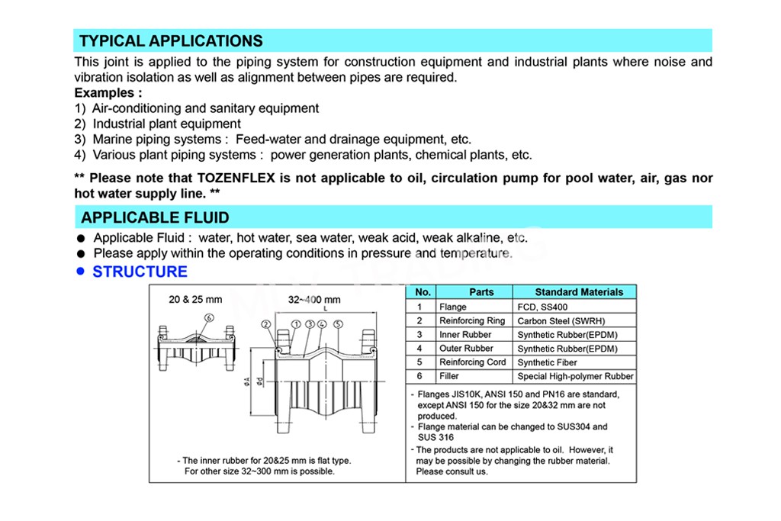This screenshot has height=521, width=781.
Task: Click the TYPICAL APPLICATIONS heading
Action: point(171,41)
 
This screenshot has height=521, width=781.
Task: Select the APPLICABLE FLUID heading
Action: point(155,217)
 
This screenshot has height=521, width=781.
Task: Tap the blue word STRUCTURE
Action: point(140,272)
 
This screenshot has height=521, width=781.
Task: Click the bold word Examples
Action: point(108,93)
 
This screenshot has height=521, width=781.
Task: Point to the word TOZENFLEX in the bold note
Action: point(236,178)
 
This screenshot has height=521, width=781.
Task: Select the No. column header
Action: point(423,292)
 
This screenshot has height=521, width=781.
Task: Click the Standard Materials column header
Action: point(578,292)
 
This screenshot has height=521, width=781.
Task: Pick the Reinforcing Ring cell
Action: point(472,321)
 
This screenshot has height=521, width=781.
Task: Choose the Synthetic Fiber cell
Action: point(547,362)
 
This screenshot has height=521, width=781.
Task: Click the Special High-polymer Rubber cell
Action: point(575,376)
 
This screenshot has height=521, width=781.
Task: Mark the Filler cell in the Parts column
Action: point(448,376)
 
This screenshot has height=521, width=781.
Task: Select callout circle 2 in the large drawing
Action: point(266,324)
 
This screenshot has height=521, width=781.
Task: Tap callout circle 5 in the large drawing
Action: point(338,324)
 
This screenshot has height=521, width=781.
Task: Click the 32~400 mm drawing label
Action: point(314,299)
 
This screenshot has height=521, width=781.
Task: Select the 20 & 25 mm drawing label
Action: point(195,299)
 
